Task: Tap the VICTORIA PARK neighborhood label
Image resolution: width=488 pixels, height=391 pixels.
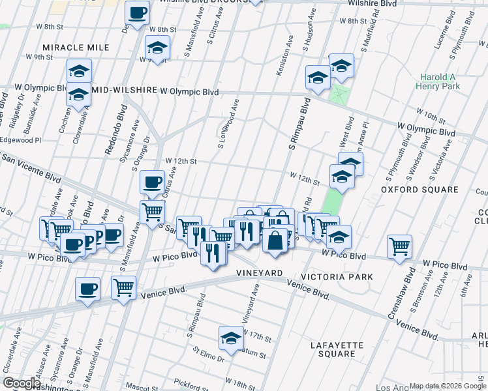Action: pyautogui.click(x=342, y=277)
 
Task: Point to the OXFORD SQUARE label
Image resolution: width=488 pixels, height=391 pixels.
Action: pyautogui.click(x=419, y=190)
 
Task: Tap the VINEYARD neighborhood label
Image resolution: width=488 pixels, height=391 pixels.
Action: pyautogui.click(x=259, y=272)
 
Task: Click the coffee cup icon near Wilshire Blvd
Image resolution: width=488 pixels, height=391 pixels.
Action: pyautogui.click(x=138, y=13)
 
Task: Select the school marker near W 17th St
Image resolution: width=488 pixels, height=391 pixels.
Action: pyautogui.click(x=230, y=338)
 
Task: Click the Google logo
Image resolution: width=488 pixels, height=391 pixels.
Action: pyautogui.click(x=22, y=383)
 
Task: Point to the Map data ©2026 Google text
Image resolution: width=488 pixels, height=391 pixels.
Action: pyautogui.click(x=447, y=386)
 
